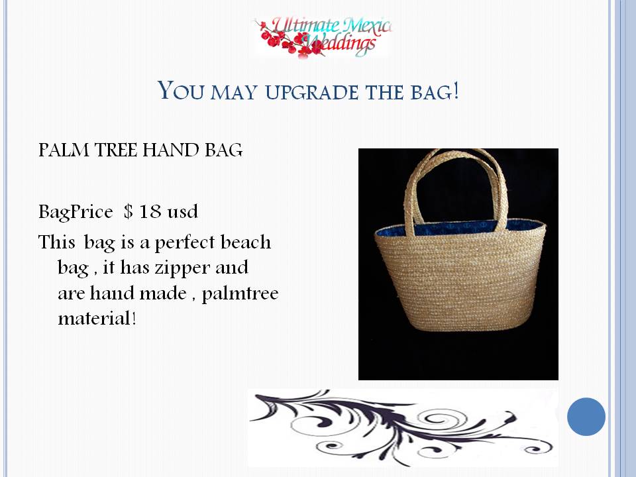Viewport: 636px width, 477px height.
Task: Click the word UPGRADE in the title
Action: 311,92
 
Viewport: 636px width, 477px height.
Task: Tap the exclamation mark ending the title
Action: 456,90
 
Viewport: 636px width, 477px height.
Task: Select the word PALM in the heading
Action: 64,150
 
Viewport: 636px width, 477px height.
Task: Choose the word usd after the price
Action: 183,212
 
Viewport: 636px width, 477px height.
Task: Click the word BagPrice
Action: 76,213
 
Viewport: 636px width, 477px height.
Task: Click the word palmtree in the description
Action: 240,293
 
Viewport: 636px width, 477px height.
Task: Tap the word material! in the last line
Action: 97,318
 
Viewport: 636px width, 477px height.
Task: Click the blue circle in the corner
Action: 586,417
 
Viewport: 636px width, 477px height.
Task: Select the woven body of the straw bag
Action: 460,280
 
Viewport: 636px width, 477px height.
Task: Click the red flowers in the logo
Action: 290,40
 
